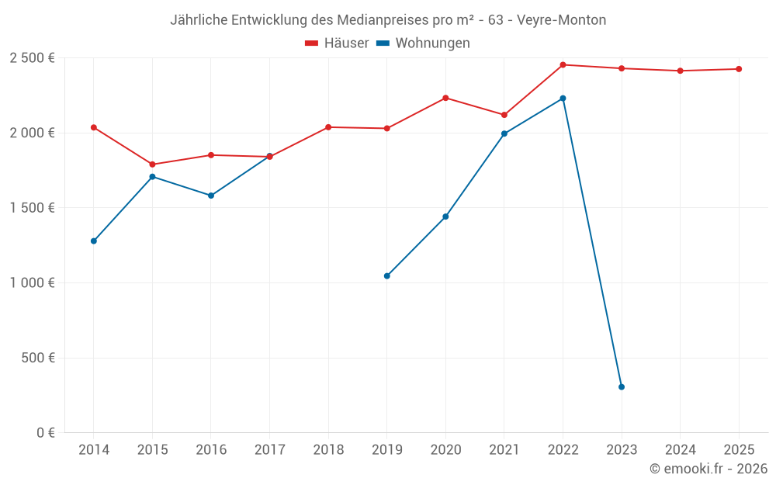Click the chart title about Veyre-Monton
pos(388,20)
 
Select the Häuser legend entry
pos(337,43)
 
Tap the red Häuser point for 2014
pos(94,127)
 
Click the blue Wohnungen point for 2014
pos(94,241)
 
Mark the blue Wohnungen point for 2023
pos(622,387)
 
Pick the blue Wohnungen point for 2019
pos(387,276)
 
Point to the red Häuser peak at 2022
pos(563,65)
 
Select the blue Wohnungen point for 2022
pos(563,99)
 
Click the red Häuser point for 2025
pos(739,69)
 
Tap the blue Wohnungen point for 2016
pos(211,196)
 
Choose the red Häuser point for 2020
pos(445,98)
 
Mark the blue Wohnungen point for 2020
pos(445,217)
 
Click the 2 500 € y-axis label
pos(32,58)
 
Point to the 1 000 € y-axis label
pos(32,283)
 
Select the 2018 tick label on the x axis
pos(328,450)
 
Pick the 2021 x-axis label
pos(504,450)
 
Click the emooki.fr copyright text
pos(708,469)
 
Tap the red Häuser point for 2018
pos(328,127)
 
